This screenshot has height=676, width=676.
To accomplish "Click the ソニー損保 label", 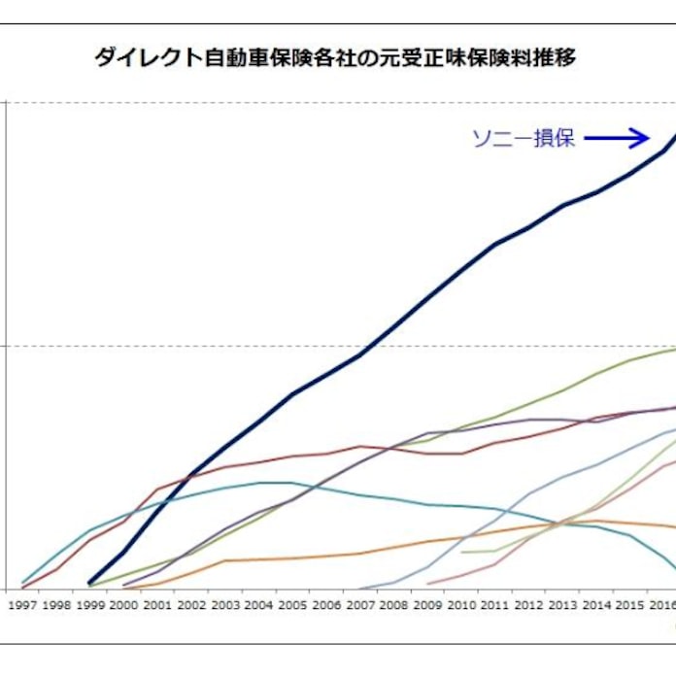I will tap(524, 138).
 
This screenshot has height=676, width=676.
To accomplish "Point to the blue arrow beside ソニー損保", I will tap(616, 138).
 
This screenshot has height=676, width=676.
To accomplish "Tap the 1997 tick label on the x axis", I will tap(22, 603).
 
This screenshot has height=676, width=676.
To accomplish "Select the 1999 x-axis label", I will tap(90, 603).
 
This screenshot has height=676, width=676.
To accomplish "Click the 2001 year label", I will tap(158, 603).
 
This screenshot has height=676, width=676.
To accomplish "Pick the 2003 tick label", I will tap(225, 603).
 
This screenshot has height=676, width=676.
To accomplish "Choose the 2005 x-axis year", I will tap(293, 603).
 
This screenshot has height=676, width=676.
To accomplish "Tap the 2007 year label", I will tap(360, 603).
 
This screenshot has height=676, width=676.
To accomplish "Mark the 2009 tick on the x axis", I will tap(428, 603).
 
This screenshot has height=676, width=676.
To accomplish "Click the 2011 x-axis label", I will tap(495, 603).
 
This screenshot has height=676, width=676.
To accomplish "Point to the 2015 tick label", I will tap(630, 603).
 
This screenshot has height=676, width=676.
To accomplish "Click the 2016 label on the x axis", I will tap(663, 603).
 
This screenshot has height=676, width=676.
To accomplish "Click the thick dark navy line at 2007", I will tap(360, 355).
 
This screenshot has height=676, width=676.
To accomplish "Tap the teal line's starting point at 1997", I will tap(23, 582).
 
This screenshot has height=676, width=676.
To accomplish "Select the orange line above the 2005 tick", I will tap(293, 558).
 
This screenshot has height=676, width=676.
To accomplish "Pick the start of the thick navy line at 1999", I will tap(89, 583).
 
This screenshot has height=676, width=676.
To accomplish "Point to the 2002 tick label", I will tap(192, 603).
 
